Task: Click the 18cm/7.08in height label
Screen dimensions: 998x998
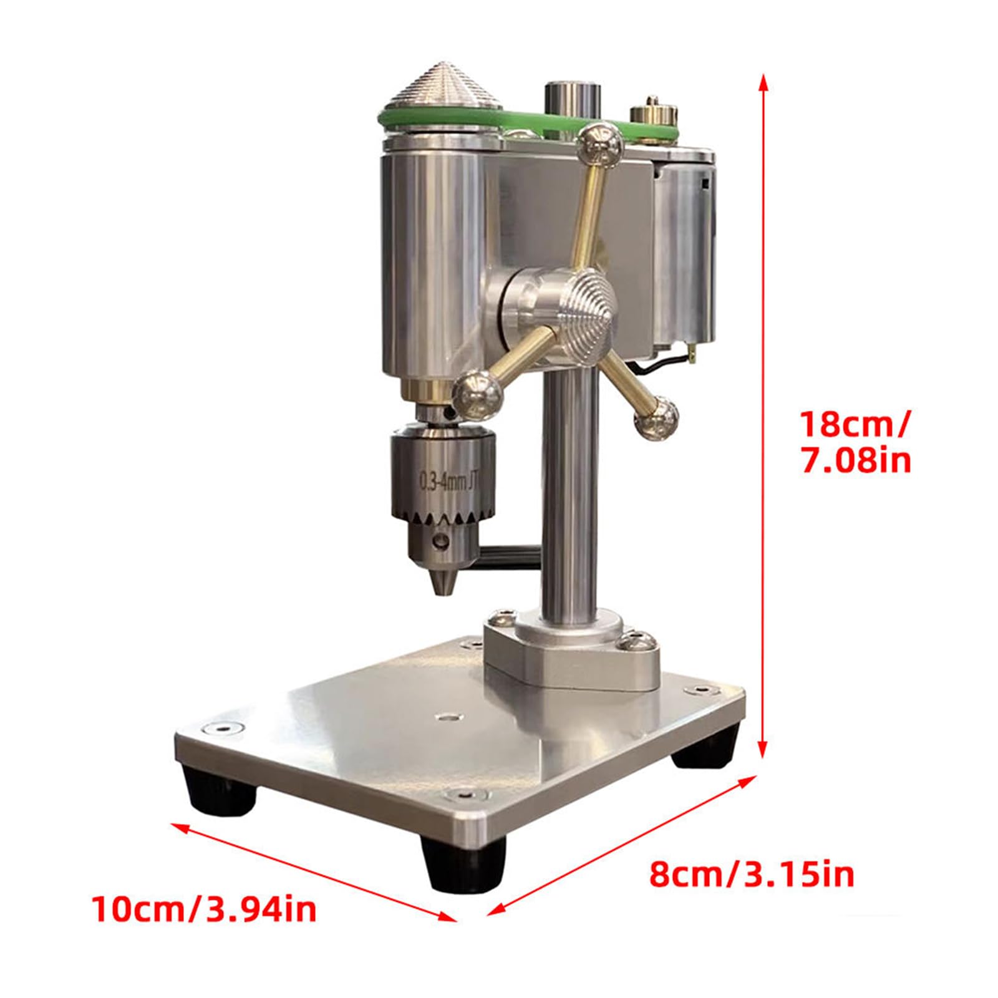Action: [x=855, y=442]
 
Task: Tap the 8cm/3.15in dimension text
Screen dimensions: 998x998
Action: [x=752, y=874]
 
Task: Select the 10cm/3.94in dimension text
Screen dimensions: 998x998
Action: [x=205, y=909]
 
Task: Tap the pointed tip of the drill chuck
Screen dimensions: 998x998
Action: [x=441, y=586]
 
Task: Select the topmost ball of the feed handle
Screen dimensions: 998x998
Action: [x=601, y=145]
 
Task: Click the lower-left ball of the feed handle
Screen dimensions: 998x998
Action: [x=478, y=393]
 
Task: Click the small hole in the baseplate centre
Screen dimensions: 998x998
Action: [x=447, y=717]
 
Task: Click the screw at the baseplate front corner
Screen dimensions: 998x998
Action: [x=465, y=795]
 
